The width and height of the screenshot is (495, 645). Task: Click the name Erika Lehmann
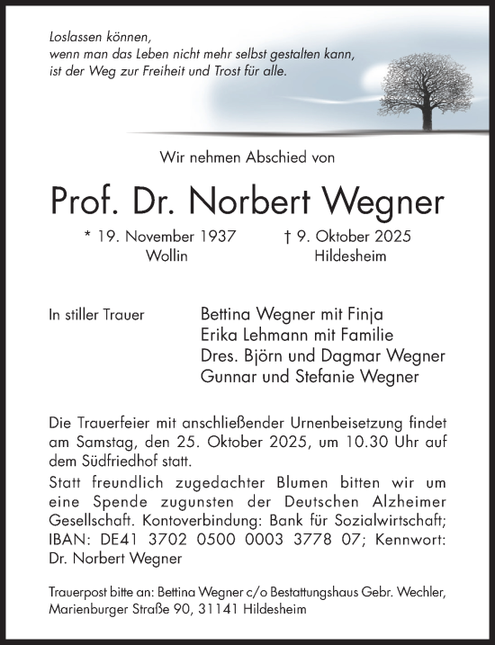pos(248,336)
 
